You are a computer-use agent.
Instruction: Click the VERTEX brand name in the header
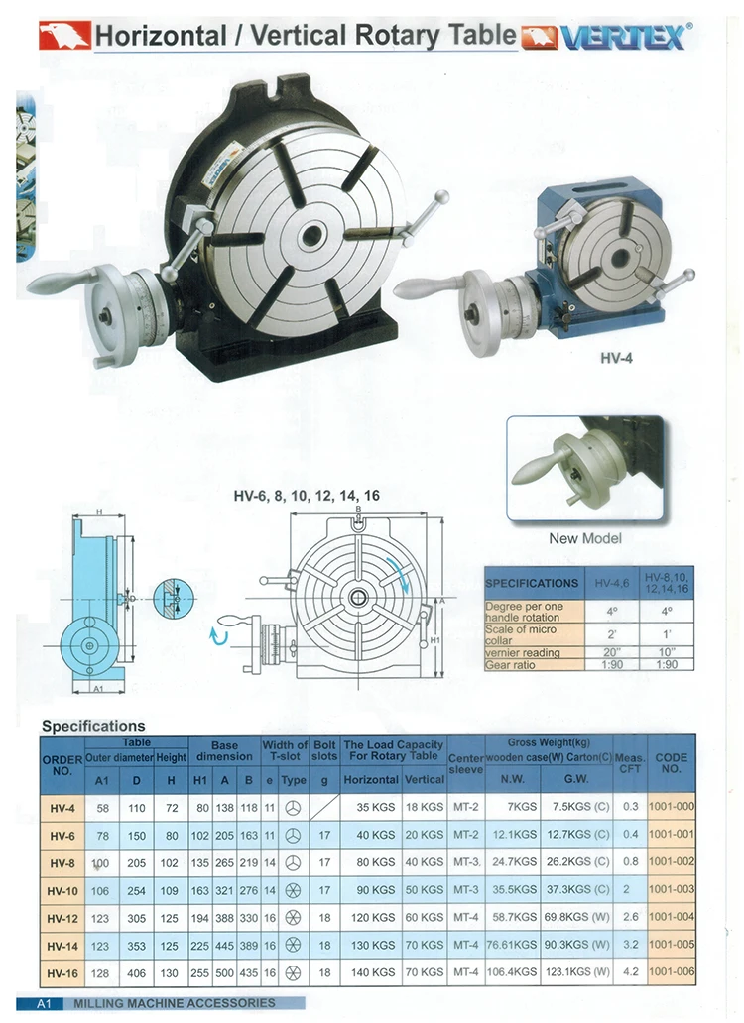[x=622, y=37]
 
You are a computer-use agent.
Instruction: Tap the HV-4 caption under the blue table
[x=616, y=358]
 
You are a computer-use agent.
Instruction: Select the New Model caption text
[x=585, y=538]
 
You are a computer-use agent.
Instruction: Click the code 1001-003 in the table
[x=671, y=890]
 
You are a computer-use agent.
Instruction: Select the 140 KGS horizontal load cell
[x=371, y=973]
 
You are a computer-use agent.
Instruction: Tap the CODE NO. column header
[x=671, y=763]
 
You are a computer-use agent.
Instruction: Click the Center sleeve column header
[x=466, y=761]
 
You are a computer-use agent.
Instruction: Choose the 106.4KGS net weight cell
[x=512, y=973]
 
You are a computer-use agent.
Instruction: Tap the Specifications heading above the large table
[x=93, y=726]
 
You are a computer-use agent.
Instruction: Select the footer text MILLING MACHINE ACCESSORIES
[x=175, y=1003]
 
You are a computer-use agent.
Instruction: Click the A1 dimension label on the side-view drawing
[x=97, y=686]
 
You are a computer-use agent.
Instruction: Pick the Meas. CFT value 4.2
[x=629, y=973]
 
